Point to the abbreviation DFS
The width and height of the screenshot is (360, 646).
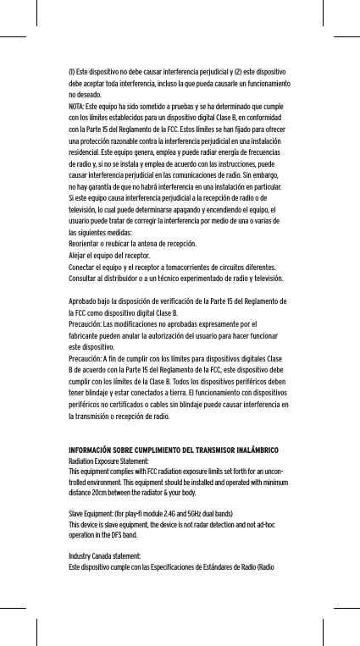[115, 536]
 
